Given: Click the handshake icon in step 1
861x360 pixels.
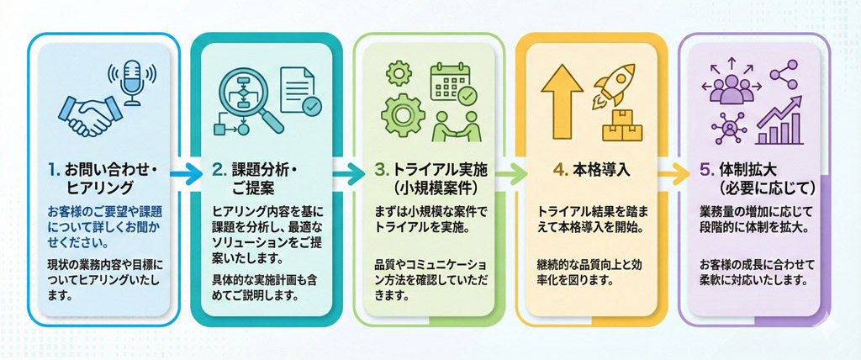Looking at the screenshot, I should click(87, 116).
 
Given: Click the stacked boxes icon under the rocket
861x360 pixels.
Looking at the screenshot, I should click(622, 126).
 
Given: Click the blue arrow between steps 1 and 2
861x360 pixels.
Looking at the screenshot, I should click(186, 176).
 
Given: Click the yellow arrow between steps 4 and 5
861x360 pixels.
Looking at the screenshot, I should click(672, 176).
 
